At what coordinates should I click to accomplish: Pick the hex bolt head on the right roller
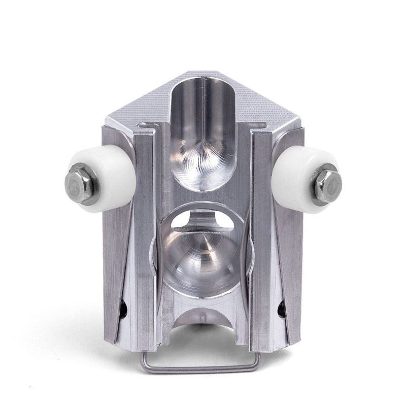point(327,185)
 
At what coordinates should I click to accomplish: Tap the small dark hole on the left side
point(123,308)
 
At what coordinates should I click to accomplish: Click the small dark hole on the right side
point(282,308)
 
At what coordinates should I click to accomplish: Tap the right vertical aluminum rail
point(262,239)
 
